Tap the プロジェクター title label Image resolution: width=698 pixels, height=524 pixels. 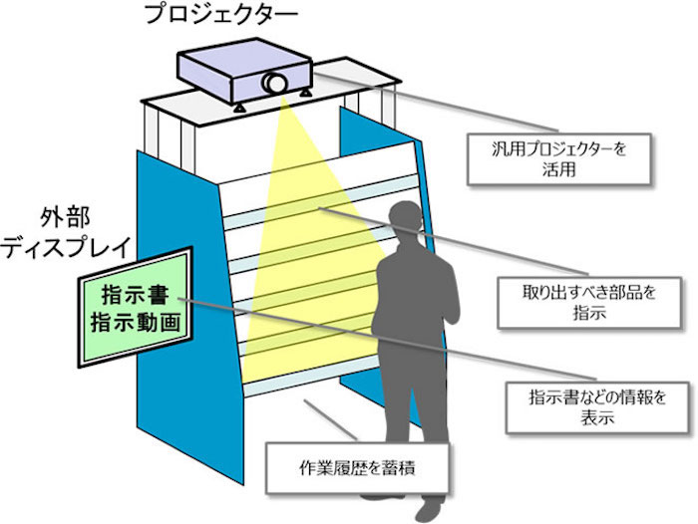pyautogui.click(x=221, y=14)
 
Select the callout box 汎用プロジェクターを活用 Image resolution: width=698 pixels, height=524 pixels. pyautogui.click(x=559, y=159)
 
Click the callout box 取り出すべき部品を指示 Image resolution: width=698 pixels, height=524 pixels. pyautogui.click(x=589, y=304)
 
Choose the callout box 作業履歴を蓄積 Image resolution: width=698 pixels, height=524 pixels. pyautogui.click(x=357, y=467)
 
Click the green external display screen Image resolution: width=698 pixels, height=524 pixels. pyautogui.click(x=136, y=307)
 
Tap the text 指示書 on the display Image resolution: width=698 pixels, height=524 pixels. pyautogui.click(x=135, y=295)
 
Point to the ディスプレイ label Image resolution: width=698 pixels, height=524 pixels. pyautogui.click(x=67, y=247)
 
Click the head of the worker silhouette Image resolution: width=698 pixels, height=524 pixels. pyautogui.click(x=406, y=219)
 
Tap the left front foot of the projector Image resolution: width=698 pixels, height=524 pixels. pyautogui.click(x=239, y=108)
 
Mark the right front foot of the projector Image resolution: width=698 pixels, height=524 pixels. pyautogui.click(x=305, y=93)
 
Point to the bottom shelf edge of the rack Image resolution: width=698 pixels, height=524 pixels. pyautogui.click(x=311, y=378)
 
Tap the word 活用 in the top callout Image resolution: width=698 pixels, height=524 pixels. pyautogui.click(x=559, y=169)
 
